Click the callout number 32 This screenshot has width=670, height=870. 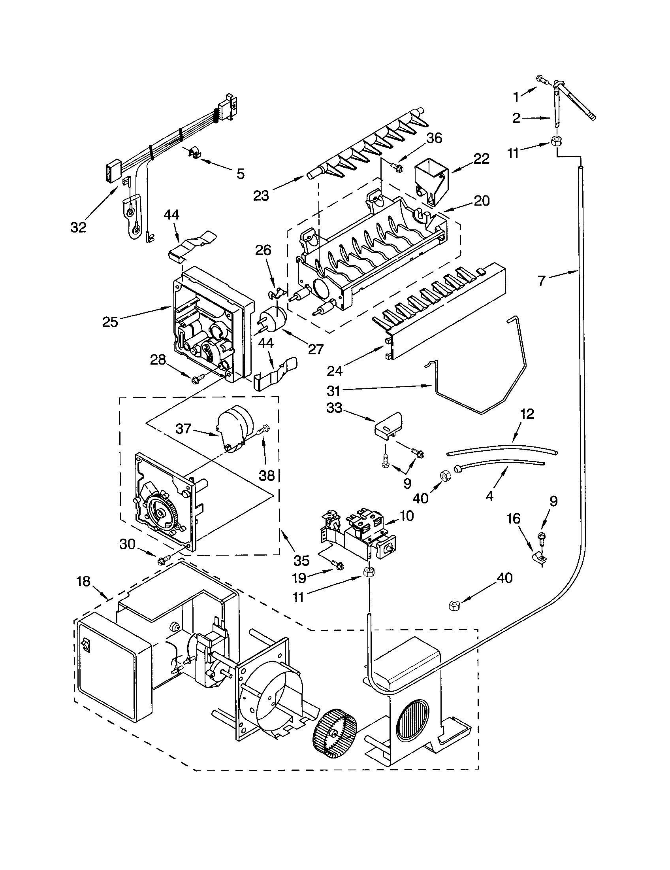point(78,227)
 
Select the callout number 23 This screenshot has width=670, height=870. point(262,195)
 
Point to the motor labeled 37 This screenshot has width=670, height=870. point(235,428)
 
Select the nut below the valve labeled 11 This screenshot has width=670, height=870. point(369,572)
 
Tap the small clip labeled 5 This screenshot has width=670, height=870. point(194,153)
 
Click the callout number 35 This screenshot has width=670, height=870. point(301,560)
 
